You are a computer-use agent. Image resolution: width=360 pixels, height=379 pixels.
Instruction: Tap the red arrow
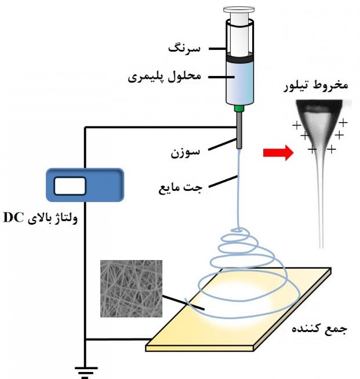click(x=276, y=153)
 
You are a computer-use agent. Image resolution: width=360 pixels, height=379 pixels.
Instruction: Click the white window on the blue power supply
click(x=70, y=186)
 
